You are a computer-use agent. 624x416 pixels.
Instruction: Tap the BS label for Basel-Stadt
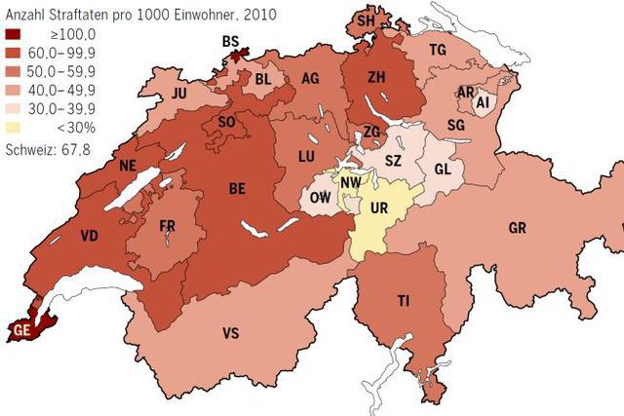point(231,41)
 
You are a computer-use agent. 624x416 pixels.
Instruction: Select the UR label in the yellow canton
point(379,208)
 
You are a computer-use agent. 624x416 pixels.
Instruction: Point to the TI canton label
point(404,301)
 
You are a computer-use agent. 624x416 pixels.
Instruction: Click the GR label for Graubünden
point(518,229)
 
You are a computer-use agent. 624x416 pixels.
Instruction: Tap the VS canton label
point(231,333)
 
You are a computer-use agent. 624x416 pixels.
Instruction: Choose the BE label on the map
point(237,189)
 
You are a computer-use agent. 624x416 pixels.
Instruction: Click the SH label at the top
point(366,19)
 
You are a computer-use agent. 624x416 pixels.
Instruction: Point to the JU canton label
point(178,95)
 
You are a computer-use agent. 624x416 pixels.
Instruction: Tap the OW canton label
point(318,198)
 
